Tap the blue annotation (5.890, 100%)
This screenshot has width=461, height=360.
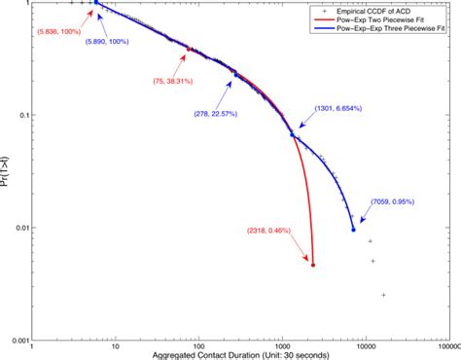point(112,43)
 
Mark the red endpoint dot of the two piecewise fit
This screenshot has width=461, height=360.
point(312,264)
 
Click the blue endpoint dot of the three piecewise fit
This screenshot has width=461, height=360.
point(353,230)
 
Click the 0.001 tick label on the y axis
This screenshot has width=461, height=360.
point(15,341)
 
